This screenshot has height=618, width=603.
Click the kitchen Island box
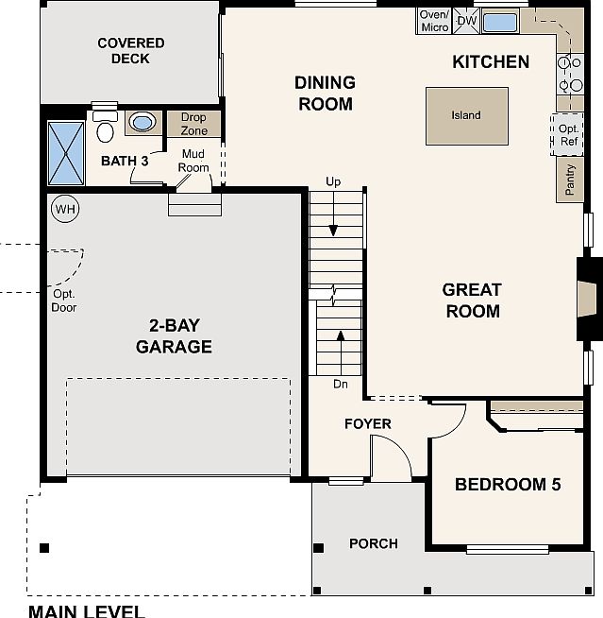tap(466, 116)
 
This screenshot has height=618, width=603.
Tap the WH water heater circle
tap(63, 209)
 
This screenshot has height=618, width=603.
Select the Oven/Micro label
tap(434, 21)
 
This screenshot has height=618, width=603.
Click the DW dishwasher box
tap(466, 21)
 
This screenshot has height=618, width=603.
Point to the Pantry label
tap(570, 180)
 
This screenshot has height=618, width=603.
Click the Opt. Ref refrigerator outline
tap(568, 135)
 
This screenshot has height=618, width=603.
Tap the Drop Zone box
tap(194, 124)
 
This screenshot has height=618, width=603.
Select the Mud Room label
tap(193, 161)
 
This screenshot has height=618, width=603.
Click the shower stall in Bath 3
tap(66, 153)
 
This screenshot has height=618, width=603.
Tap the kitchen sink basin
tap(500, 22)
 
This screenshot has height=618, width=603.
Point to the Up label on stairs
tap(333, 181)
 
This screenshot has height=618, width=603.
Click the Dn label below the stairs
tap(340, 385)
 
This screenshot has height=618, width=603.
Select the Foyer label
tap(367, 423)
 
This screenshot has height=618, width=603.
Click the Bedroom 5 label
tap(507, 485)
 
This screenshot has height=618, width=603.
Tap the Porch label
tap(373, 543)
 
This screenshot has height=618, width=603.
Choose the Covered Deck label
tap(130, 51)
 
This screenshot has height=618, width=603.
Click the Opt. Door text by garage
tap(64, 300)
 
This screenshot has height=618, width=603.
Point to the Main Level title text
tap(86, 610)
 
